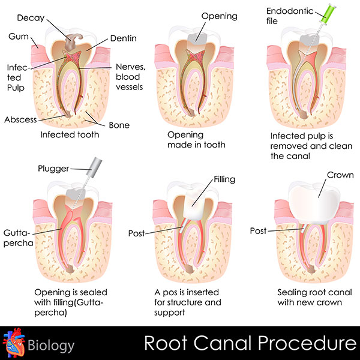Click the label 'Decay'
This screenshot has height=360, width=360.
coord(31,18)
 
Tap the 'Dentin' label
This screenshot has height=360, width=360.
coord(123,38)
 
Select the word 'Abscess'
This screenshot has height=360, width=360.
coord(20,119)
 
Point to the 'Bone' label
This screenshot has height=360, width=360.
coord(119,125)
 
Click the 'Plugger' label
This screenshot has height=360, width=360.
coord(53,169)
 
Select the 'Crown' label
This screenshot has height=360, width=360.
coord(340,175)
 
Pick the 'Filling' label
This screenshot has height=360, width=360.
coord(224,179)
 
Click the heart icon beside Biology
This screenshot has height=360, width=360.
coord(14,343)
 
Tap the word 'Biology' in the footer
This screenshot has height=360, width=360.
coord(51,346)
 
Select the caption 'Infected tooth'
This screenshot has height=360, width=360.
coord(70,134)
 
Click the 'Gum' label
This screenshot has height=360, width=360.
coord(19,36)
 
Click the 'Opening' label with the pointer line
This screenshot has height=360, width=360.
coord(219,16)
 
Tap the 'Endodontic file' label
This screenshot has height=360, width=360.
coord(290,16)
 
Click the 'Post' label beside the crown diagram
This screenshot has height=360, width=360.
coord(258,231)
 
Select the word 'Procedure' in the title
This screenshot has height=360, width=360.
coord(307,343)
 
